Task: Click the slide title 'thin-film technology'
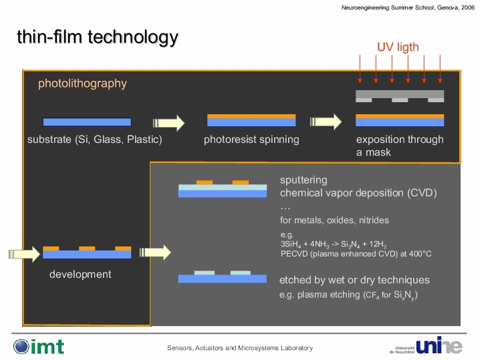[98, 37]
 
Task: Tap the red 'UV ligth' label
[398, 47]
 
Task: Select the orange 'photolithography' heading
[82, 83]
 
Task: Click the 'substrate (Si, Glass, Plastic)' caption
[94, 140]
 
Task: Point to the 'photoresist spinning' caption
[251, 140]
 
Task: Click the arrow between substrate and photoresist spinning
[168, 123]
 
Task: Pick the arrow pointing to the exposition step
[326, 122]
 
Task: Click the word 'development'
[80, 275]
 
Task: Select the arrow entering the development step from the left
[24, 254]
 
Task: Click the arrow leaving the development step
[155, 252]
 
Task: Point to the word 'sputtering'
[304, 180]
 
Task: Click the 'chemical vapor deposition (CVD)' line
[358, 193]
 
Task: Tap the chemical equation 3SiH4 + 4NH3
[334, 244]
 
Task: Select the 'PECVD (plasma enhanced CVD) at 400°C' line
[356, 254]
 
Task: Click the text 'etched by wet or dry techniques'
[354, 280]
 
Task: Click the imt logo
[39, 347]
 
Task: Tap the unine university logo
[426, 345]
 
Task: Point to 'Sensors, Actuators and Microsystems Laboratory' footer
[240, 348]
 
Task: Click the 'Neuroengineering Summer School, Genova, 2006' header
[408, 7]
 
